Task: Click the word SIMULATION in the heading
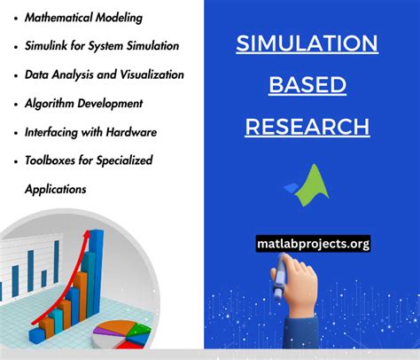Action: (307, 43)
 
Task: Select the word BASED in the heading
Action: (307, 85)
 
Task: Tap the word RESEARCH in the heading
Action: (307, 127)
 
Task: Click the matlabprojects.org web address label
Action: (313, 242)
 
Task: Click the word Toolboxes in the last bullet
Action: (51, 160)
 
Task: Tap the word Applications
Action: (55, 189)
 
